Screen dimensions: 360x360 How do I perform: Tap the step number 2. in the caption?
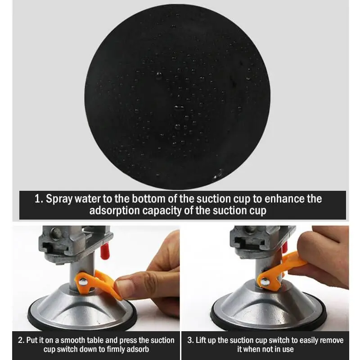21,340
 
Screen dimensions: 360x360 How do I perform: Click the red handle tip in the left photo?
104,247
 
